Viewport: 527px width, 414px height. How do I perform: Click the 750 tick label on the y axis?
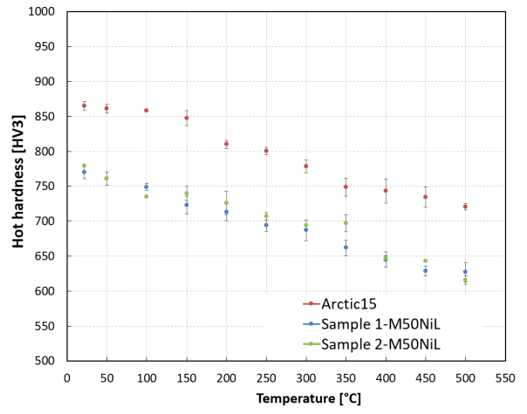tap(47, 187)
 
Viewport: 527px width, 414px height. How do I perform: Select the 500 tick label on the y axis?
tap(47, 361)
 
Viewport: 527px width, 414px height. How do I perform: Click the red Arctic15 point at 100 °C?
tap(146, 111)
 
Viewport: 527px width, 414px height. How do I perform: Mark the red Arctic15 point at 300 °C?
tap(305, 166)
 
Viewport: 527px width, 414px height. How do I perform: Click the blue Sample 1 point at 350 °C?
tap(346, 248)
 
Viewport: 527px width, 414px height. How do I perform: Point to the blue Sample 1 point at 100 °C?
tap(146, 187)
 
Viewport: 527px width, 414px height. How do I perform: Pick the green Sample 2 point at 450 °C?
tap(425, 261)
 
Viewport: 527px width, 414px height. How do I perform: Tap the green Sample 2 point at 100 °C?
tap(146, 196)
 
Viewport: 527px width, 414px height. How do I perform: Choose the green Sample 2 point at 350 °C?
tap(346, 223)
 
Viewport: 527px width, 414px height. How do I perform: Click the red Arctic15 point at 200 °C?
tap(226, 144)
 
